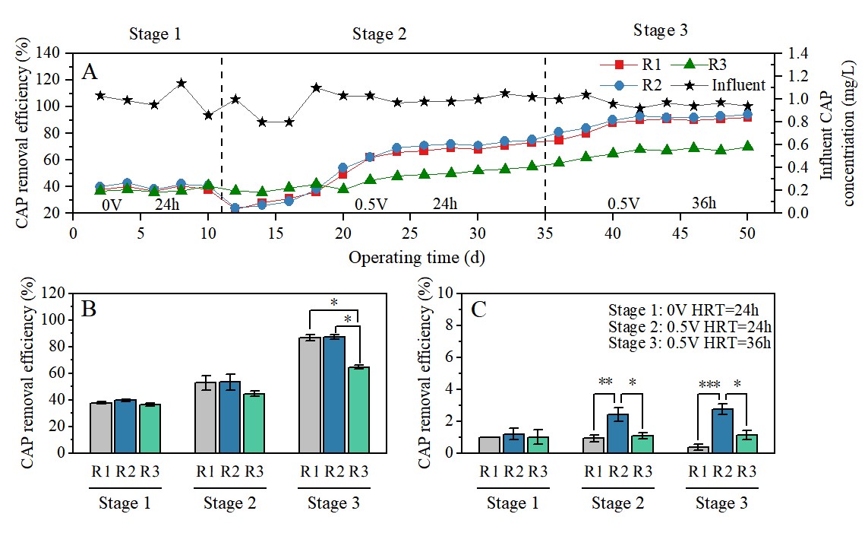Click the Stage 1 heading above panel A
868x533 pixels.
click(155, 33)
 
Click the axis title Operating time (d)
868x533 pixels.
click(417, 257)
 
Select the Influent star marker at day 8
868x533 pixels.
click(181, 83)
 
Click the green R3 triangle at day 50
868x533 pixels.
click(748, 146)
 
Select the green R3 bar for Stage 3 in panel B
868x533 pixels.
click(358, 409)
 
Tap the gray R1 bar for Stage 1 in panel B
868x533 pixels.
click(100, 427)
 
